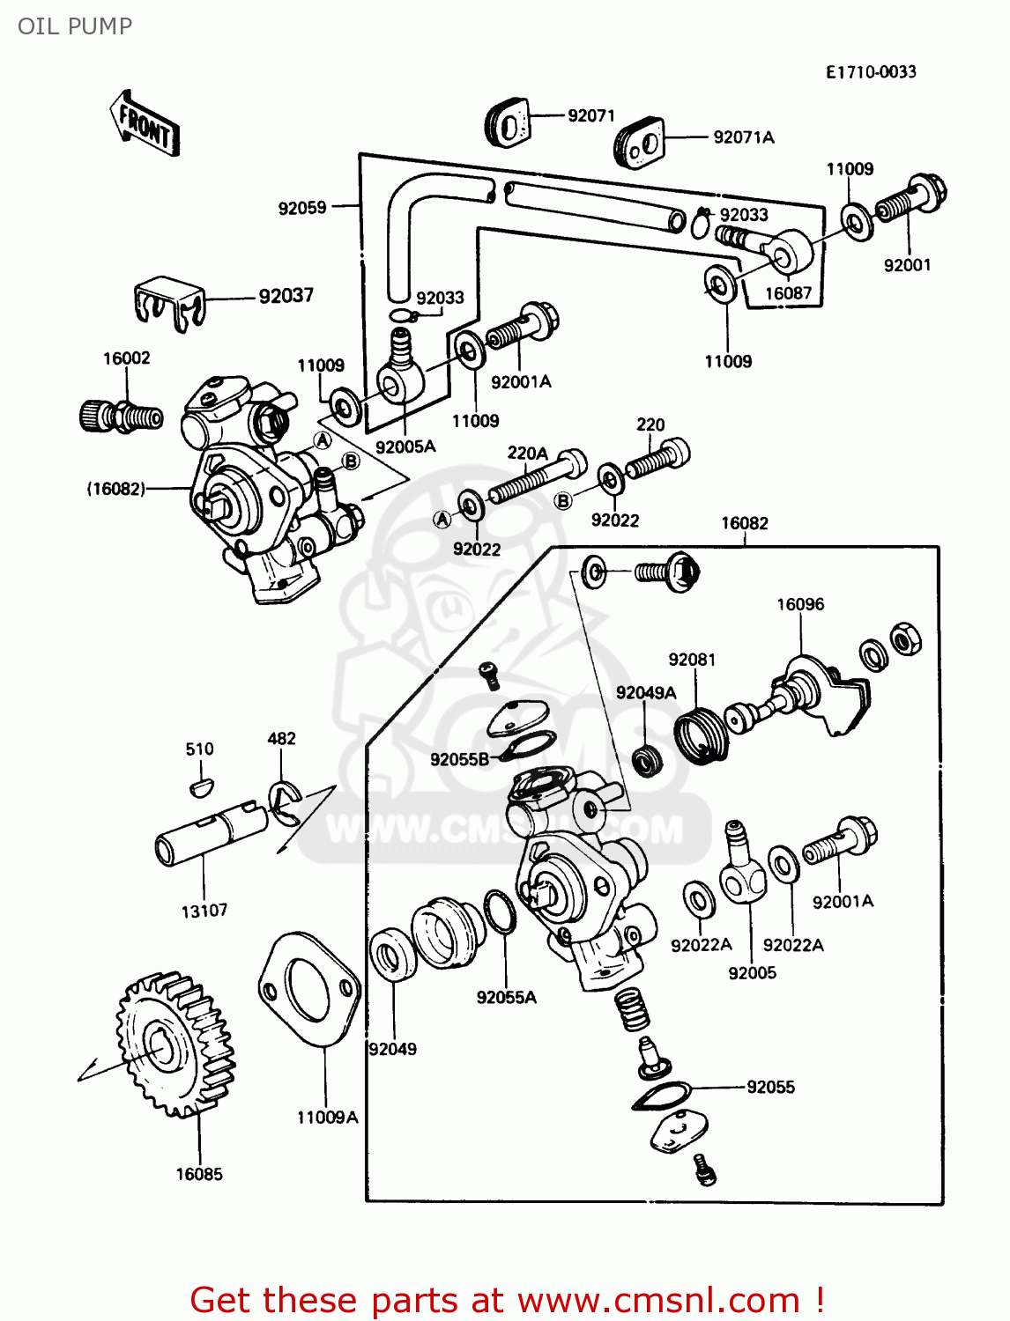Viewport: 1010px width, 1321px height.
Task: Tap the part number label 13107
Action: pyautogui.click(x=204, y=911)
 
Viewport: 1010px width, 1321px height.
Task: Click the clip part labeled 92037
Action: pyautogui.click(x=169, y=304)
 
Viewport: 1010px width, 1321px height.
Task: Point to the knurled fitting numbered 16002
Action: pyautogui.click(x=121, y=415)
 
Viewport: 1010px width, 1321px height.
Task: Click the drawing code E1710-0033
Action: pyautogui.click(x=871, y=72)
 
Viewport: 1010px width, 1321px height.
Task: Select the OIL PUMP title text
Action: pyautogui.click(x=75, y=26)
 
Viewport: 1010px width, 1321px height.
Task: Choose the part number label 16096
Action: pyautogui.click(x=800, y=605)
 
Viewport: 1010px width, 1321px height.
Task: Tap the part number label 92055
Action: pyautogui.click(x=770, y=1088)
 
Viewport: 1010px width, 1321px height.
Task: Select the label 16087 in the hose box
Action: pyautogui.click(x=788, y=293)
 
